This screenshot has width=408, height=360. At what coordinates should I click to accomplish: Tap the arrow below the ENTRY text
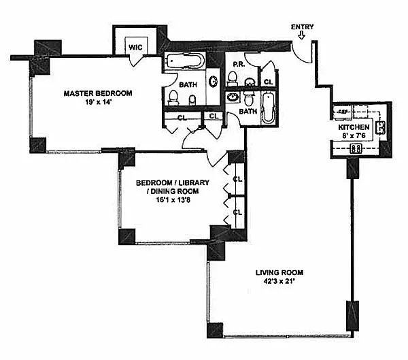(x=302, y=37)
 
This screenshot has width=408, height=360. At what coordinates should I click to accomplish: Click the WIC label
(x=135, y=48)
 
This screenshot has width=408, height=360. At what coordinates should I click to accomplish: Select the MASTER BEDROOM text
(x=98, y=93)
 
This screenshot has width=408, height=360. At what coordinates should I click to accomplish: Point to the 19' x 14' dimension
(x=98, y=103)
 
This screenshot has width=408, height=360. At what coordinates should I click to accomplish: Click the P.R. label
(x=239, y=65)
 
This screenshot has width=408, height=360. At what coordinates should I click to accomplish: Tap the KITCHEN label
(x=354, y=127)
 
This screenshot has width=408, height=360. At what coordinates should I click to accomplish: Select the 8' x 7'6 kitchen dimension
(x=354, y=136)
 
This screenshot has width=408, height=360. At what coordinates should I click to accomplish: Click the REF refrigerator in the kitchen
(x=343, y=111)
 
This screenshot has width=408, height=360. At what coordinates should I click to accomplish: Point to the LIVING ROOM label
(x=279, y=272)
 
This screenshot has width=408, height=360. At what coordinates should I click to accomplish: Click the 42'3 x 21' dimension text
(x=279, y=282)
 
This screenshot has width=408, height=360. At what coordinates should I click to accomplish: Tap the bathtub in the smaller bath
(x=267, y=109)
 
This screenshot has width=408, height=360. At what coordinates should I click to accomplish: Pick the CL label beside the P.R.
(x=268, y=82)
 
